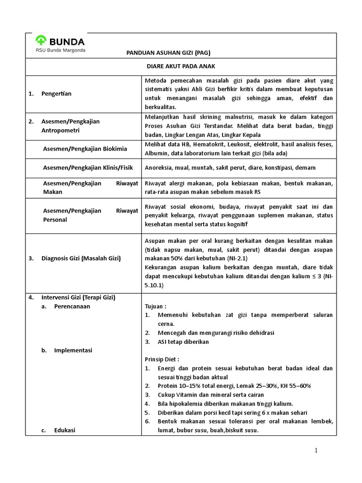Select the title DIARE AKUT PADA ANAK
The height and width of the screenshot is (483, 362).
coord(181,67)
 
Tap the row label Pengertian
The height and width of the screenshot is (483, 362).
coord(56,93)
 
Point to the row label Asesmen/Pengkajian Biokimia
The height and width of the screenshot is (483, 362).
coord(85,149)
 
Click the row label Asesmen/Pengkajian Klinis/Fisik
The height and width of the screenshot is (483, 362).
coord(90,167)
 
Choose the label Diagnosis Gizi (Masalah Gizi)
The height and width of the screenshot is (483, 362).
coord(81,258)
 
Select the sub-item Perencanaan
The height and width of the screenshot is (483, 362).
coord(72,306)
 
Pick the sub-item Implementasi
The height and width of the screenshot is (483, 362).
coord(73,350)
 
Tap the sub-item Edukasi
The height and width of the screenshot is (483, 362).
coord(66,430)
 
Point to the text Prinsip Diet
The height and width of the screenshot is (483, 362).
coord(162,359)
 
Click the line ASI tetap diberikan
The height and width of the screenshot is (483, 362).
coord(183,341)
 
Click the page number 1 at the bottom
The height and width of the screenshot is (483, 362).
coord(317,451)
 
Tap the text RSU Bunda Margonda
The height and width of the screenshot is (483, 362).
coord(61,50)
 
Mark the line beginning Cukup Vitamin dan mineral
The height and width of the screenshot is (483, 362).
coord(211,395)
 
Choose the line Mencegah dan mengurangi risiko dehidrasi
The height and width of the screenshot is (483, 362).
coord(222,333)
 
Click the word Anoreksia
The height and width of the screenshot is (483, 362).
coord(159,167)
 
